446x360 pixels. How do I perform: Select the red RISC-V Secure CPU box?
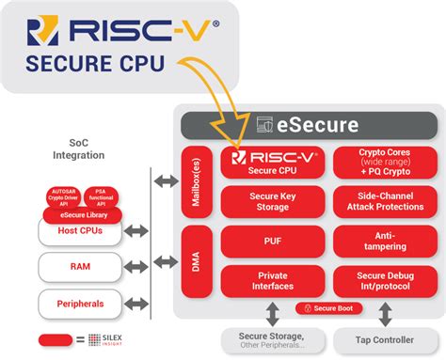click(x=268, y=163)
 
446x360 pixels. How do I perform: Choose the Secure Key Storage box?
click(x=268, y=200)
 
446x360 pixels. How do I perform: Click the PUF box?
click(x=268, y=240)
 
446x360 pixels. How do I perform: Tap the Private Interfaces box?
click(x=268, y=279)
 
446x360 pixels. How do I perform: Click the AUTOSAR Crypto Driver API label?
click(x=64, y=198)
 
